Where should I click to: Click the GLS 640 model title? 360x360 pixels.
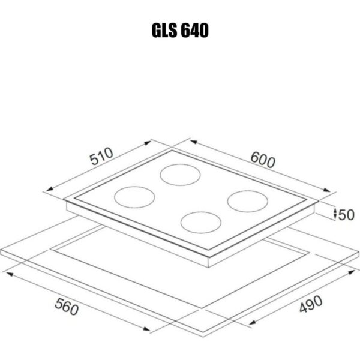tap(180, 31)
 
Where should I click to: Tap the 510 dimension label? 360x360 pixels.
tap(101, 157)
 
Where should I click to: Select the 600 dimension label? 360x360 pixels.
tap(263, 160)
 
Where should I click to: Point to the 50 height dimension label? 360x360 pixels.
tap(346, 215)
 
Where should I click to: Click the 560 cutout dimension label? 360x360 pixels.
tap(67, 307)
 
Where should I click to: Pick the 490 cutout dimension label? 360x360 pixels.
tap(311, 304)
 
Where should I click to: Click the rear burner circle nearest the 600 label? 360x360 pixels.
tap(180, 175)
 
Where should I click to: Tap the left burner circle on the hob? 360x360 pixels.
tap(134, 197)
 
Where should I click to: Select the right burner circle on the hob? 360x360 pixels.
tap(248, 201)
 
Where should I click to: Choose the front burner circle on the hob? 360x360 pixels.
tap(201, 223)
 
